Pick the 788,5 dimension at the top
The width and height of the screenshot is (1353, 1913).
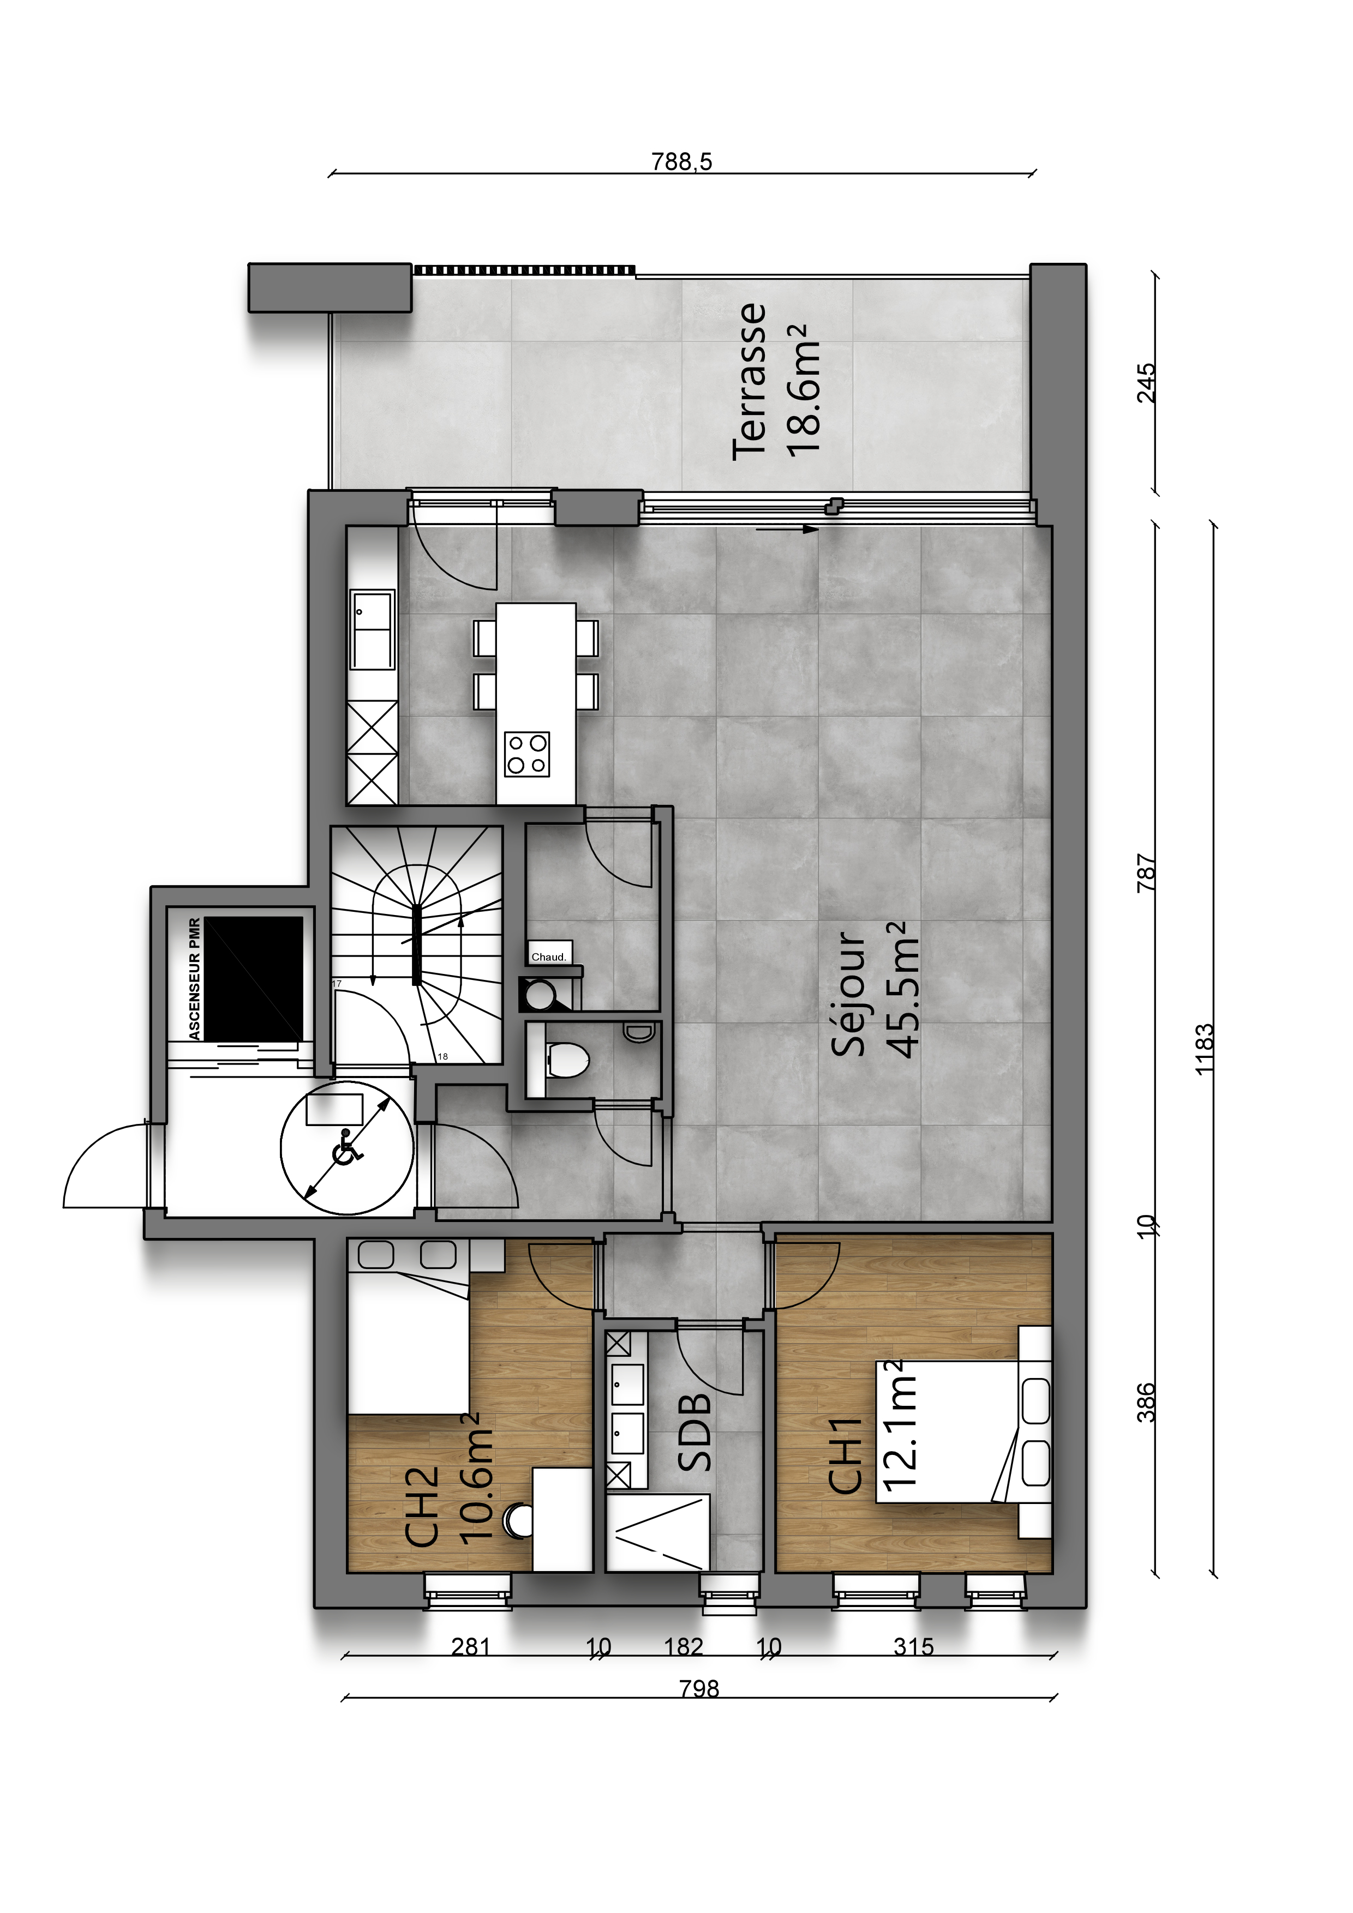pos(682,161)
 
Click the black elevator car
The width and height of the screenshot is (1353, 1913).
pos(254,978)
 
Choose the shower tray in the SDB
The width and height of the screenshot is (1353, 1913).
pos(658,1533)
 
